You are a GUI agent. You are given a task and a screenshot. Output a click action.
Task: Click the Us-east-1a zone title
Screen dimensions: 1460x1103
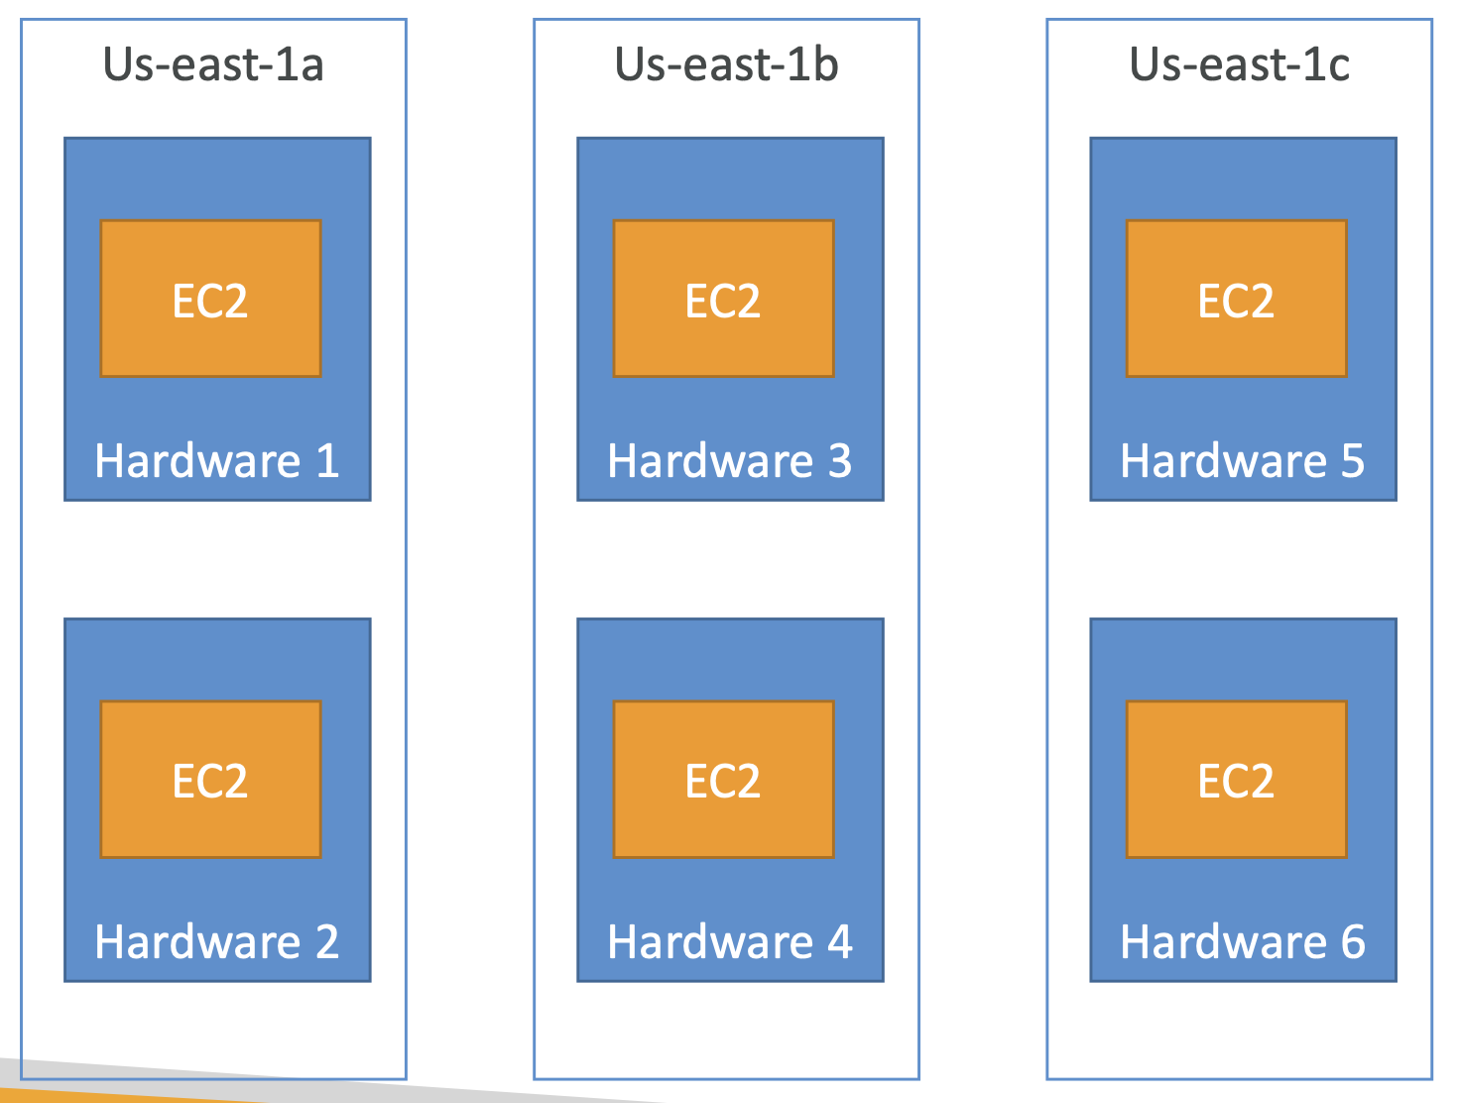(213, 64)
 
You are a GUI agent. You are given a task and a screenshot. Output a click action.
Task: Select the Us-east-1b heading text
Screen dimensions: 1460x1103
(726, 64)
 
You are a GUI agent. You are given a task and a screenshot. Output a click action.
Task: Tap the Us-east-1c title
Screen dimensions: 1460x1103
(1239, 64)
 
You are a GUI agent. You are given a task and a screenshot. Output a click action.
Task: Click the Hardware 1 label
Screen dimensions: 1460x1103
(217, 460)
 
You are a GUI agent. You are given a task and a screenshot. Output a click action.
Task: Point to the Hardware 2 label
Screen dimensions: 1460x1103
(217, 941)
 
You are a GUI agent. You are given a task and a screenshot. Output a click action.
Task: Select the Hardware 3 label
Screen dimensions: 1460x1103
(730, 460)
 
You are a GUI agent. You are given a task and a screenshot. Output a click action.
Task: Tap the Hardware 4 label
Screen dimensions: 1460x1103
(730, 941)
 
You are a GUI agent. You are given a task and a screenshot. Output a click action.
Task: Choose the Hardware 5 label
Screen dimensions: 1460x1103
(1243, 460)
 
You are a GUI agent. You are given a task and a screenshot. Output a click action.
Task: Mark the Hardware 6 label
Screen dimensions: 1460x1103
(1243, 941)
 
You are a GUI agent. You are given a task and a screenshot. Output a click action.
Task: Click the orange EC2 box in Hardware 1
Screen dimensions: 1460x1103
(210, 299)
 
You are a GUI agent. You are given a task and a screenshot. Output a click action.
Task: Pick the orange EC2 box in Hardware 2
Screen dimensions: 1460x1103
(210, 780)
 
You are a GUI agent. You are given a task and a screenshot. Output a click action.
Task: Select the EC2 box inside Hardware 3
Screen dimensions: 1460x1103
(723, 299)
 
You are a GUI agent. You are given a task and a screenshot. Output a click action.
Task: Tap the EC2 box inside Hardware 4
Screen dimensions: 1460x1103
(723, 780)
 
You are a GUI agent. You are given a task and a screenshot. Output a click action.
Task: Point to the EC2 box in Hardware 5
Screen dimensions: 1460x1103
(1237, 299)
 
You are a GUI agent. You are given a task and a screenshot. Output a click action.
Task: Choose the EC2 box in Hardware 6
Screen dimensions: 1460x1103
(1237, 780)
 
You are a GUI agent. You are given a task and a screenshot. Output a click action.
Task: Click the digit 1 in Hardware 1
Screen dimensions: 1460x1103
(327, 460)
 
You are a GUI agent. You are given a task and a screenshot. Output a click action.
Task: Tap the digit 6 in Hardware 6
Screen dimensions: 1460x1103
(1353, 941)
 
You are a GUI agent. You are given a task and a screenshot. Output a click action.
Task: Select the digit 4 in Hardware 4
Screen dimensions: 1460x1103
(839, 941)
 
